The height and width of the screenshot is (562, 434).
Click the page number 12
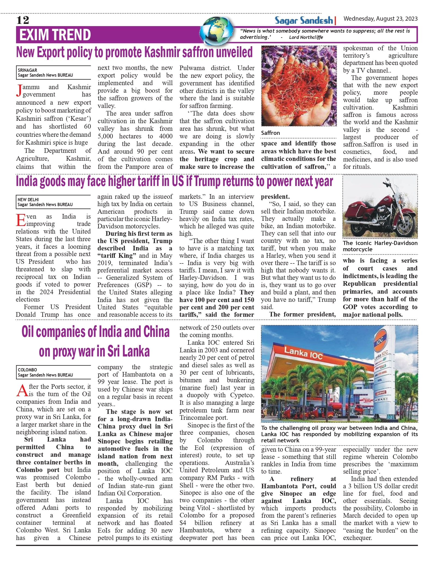[23, 20]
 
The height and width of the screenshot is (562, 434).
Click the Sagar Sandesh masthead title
[304, 20]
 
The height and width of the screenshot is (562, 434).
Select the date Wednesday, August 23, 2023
[380, 18]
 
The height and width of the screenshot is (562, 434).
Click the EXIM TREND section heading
[55, 35]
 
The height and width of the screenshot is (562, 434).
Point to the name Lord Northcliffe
[306, 37]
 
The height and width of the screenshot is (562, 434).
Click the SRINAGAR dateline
[27, 70]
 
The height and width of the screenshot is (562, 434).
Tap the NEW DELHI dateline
[28, 200]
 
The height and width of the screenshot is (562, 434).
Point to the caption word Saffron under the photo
[270, 133]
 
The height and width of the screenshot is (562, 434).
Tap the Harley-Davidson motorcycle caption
[380, 246]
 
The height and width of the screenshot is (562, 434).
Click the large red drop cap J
[19, 91]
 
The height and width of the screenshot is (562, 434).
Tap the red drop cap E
[21, 220]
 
